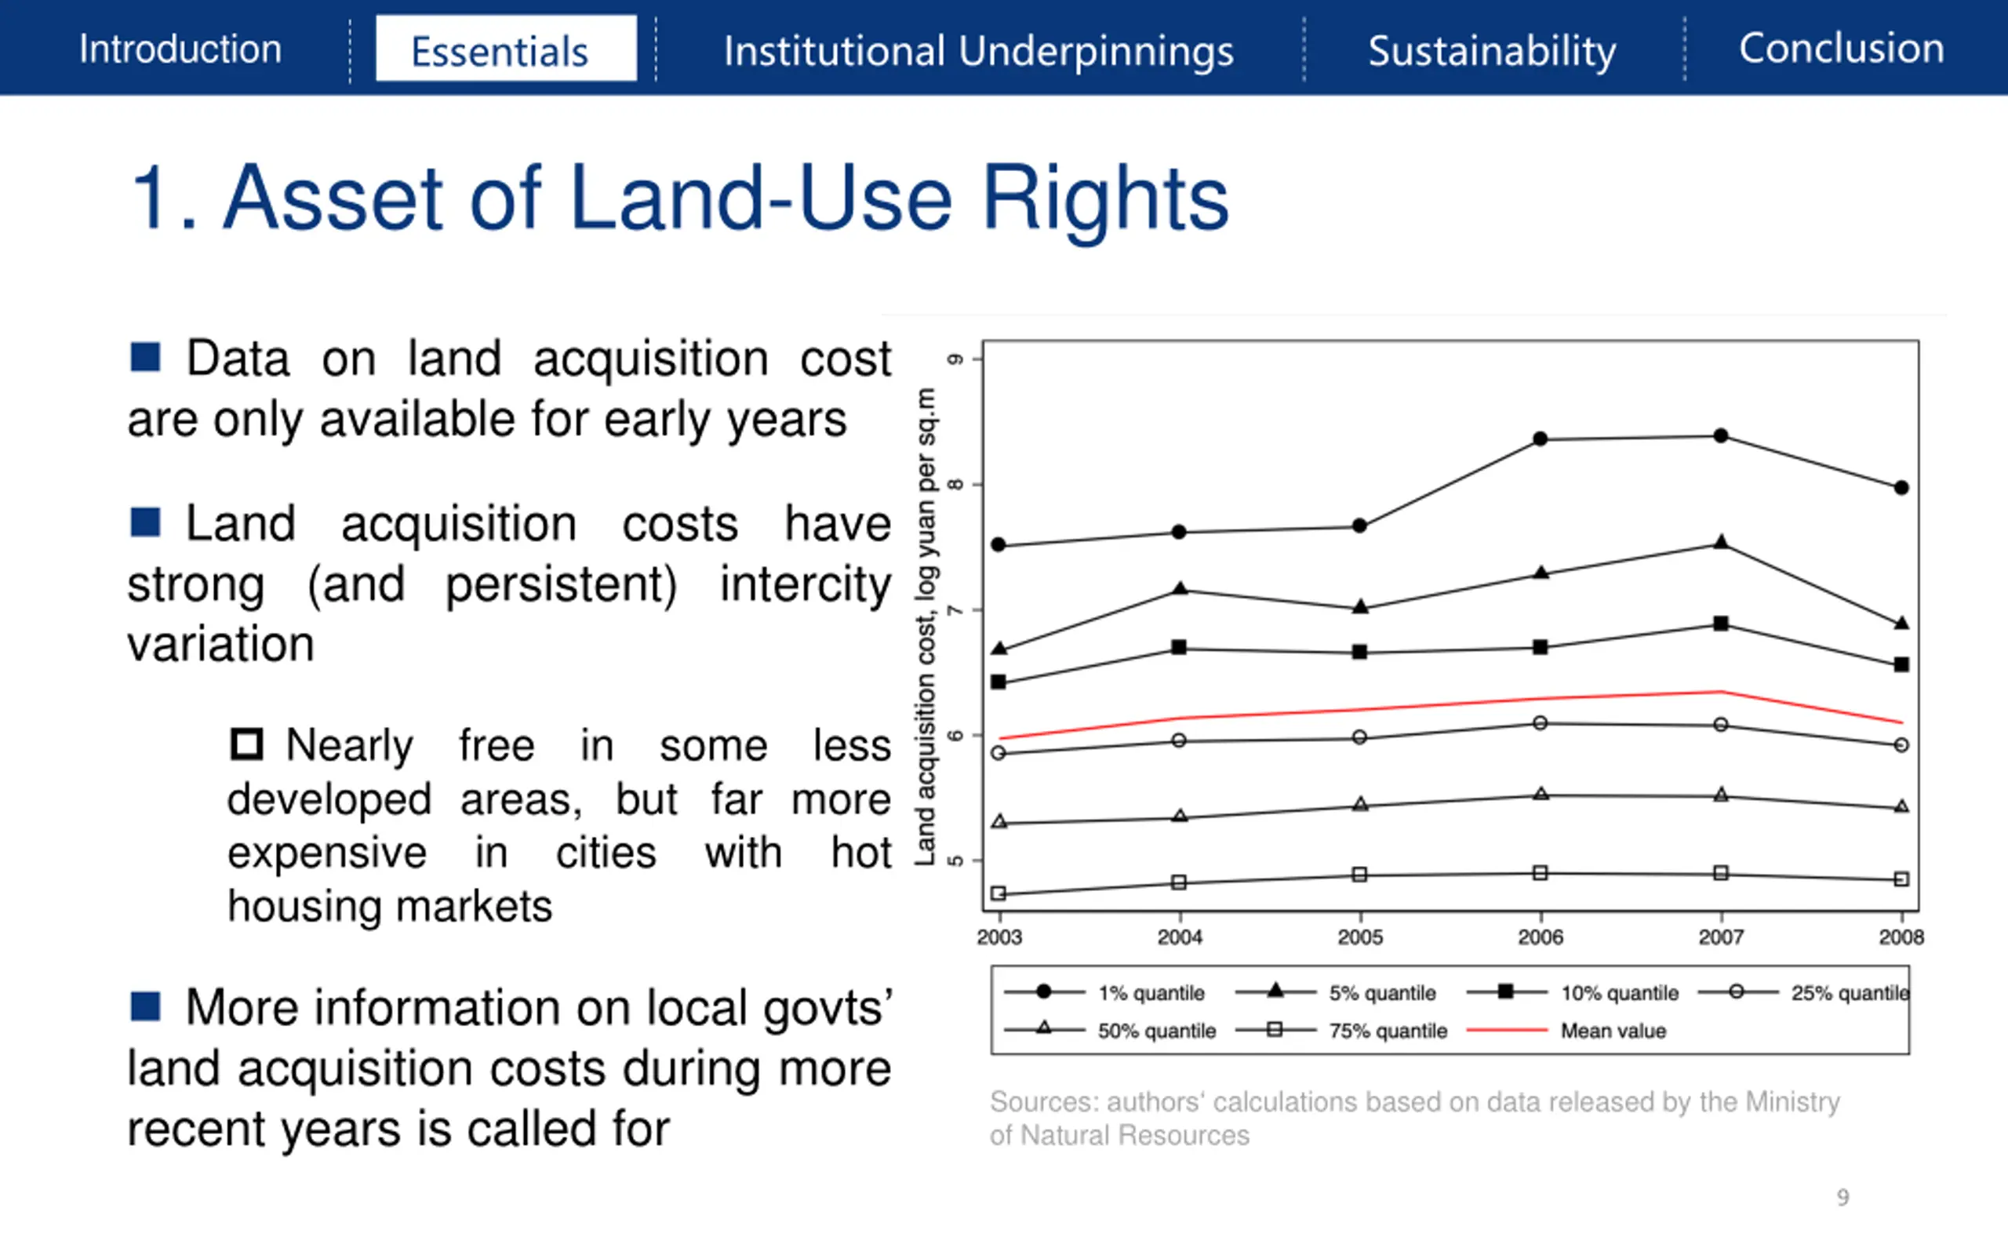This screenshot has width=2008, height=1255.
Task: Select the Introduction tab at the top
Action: pyautogui.click(x=180, y=49)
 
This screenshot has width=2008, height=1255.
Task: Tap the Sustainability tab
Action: pyautogui.click(x=1492, y=52)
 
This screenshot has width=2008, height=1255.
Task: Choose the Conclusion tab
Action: pyautogui.click(x=1841, y=48)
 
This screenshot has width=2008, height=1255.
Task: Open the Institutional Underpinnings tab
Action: pyautogui.click(x=978, y=52)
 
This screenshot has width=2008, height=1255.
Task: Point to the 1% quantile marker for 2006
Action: pyautogui.click(x=1540, y=439)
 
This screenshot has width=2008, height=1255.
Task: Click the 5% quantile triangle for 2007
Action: pyautogui.click(x=1721, y=543)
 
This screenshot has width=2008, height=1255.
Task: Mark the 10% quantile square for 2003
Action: pyautogui.click(x=999, y=682)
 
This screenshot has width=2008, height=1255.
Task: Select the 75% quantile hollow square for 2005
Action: pyautogui.click(x=1359, y=875)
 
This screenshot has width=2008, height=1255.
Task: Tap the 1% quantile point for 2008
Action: pyautogui.click(x=1901, y=488)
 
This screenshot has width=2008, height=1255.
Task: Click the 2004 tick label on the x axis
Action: pyautogui.click(x=1180, y=937)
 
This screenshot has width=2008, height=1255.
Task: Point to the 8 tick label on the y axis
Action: pyautogui.click(x=956, y=485)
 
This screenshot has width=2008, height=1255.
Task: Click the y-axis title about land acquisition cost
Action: pyautogui.click(x=926, y=627)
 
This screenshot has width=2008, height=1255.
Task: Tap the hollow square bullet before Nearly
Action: pyautogui.click(x=246, y=744)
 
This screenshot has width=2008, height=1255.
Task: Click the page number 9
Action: pyautogui.click(x=1842, y=1197)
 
